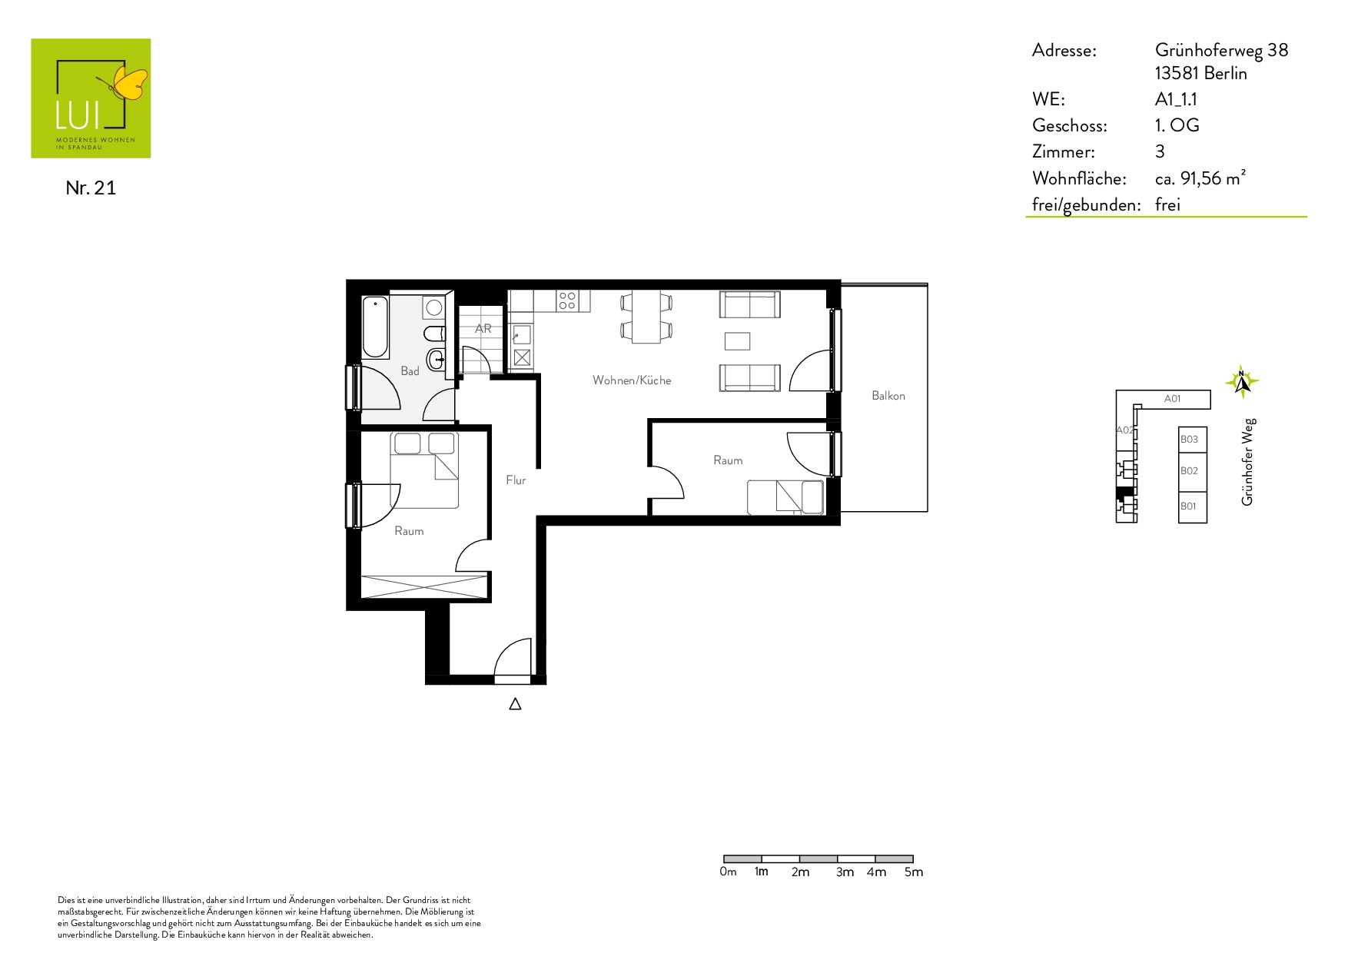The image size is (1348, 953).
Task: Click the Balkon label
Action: [888, 396]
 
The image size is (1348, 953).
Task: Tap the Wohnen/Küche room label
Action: [632, 380]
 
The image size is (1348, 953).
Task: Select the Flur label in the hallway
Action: [516, 480]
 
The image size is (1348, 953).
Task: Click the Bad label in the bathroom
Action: [410, 371]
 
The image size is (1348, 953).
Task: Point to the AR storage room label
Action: [483, 328]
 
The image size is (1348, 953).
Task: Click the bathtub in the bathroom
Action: [376, 327]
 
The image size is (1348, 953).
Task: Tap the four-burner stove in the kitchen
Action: [567, 301]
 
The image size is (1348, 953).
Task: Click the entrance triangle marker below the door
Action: [516, 703]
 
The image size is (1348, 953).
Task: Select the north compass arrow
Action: [1241, 381]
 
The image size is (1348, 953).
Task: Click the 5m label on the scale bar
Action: [914, 872]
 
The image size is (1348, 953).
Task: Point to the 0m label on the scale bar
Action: [728, 872]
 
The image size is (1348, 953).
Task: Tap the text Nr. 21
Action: [91, 188]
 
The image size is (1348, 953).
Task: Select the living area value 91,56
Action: [1200, 178]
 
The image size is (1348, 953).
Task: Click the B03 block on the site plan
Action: [1193, 440]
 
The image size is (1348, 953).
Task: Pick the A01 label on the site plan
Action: [1172, 399]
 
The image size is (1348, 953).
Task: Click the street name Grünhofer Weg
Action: [1247, 462]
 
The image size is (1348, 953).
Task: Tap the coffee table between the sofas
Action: [737, 341]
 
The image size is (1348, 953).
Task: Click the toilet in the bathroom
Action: [434, 334]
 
